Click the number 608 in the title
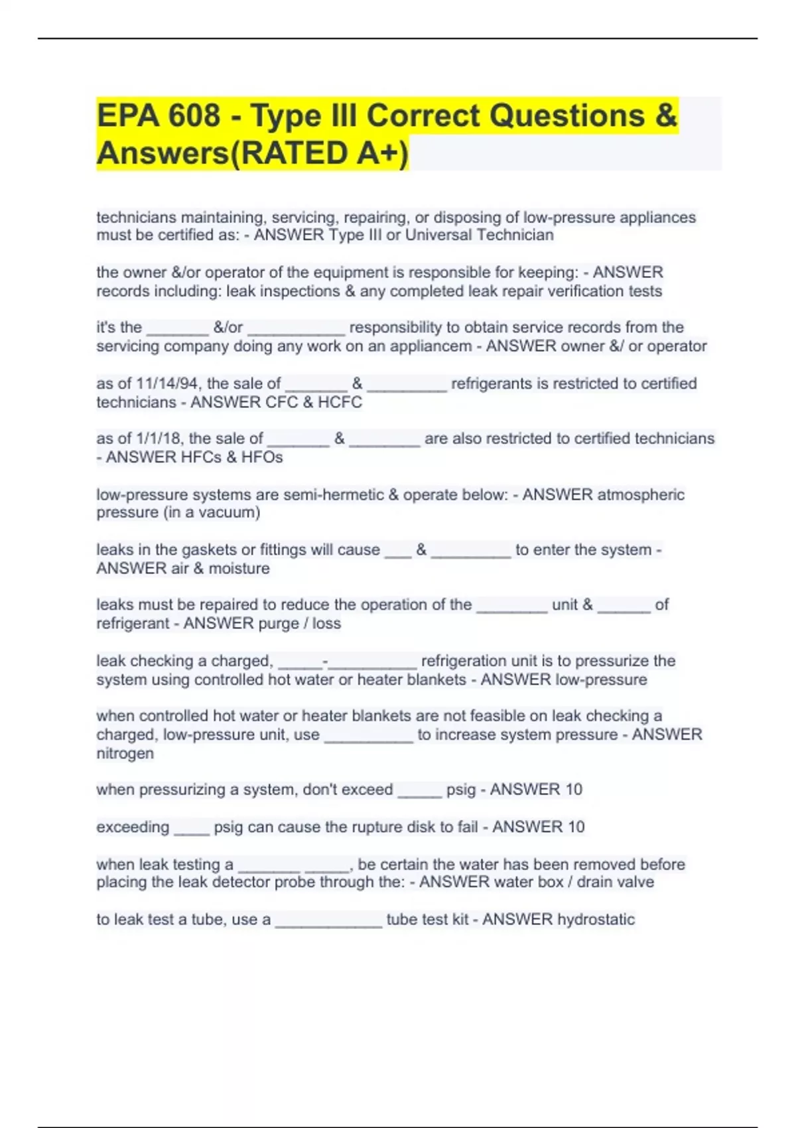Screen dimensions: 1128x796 pos(194,116)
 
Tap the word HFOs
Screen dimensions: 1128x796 pos(261,457)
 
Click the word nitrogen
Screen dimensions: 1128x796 pos(125,753)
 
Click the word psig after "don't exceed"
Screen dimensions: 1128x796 pos(461,790)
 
